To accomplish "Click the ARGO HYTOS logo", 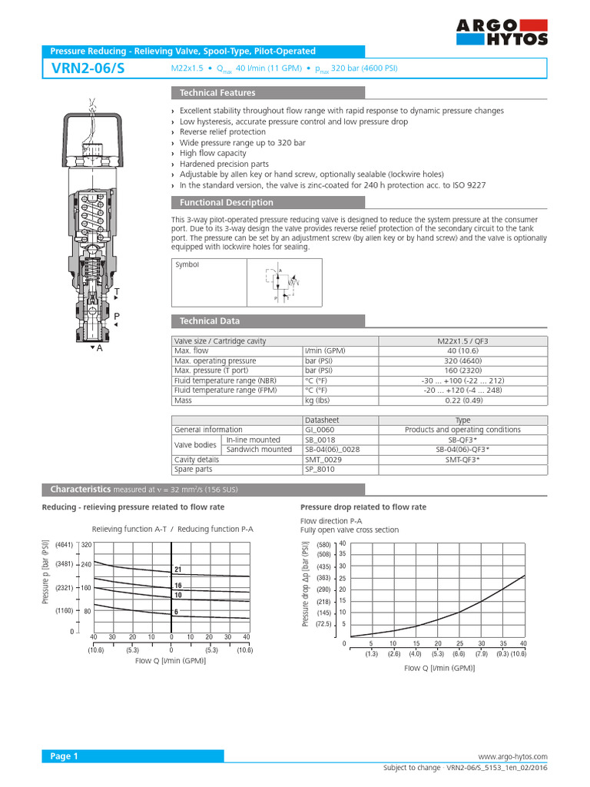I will click(502, 32).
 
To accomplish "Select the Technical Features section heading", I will click(217, 93).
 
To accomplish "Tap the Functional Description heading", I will click(226, 203).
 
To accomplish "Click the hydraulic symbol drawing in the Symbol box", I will click(283, 282).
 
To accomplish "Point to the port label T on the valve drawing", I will click(117, 293).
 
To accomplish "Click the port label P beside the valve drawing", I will click(117, 317).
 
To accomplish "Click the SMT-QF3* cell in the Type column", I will click(462, 460).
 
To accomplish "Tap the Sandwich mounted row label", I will click(259, 450).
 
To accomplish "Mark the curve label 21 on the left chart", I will click(177, 569).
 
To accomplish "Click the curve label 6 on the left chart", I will click(177, 612).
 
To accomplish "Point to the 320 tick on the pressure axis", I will click(87, 545).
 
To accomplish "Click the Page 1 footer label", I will click(65, 757).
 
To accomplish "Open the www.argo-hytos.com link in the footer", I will click(512, 757).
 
